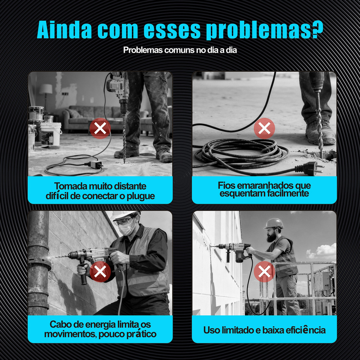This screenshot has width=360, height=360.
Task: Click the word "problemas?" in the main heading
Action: tap(264, 30)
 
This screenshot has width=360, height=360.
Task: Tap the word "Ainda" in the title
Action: tap(65, 30)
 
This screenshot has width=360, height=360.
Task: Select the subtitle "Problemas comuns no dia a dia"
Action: tap(180, 50)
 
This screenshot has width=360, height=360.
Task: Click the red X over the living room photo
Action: tap(100, 128)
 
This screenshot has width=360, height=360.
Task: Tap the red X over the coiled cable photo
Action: tap(264, 128)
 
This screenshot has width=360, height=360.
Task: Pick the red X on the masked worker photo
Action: tap(100, 272)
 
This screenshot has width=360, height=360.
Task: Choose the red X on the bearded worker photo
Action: tap(264, 272)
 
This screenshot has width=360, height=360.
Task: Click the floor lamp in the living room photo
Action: tap(46, 96)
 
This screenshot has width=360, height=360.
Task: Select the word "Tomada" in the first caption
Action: tap(69, 186)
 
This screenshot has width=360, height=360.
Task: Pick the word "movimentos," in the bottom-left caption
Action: tap(71, 334)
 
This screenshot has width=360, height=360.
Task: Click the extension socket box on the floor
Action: tap(96, 165)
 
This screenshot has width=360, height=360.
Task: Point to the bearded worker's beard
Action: tap(271, 237)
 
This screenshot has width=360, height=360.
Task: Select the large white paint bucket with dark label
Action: tap(51, 134)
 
